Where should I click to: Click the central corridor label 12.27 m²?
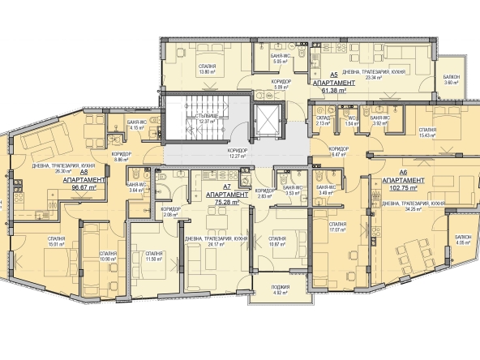tap(237, 154)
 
